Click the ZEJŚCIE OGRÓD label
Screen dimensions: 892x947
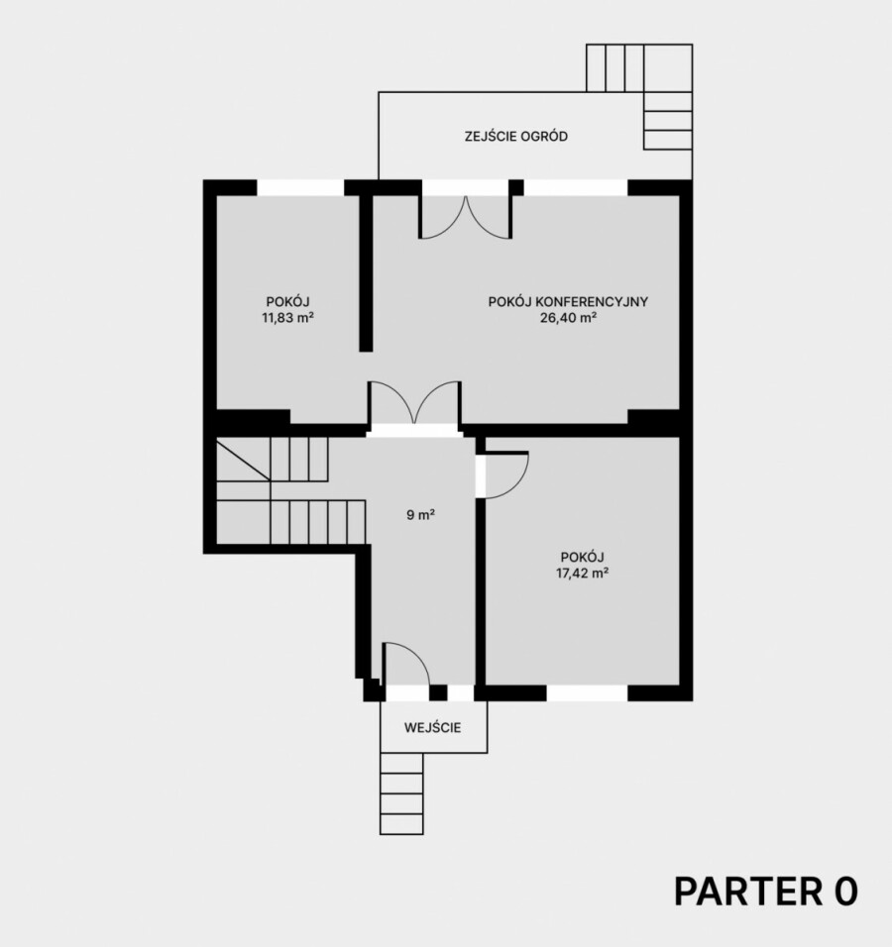coord(516,136)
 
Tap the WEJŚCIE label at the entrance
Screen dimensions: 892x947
coord(433,728)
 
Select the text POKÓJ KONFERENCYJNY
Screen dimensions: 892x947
coord(568,301)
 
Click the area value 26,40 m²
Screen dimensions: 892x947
coord(569,318)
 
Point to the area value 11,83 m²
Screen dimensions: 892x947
coord(287,318)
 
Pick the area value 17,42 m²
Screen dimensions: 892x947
coord(583,574)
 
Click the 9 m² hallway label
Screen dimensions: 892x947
coord(421,515)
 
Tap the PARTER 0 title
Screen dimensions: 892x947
coord(766,892)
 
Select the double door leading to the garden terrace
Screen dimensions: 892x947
coord(466,216)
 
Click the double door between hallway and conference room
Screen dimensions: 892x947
coord(414,402)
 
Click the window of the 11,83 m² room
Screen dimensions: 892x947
coord(300,187)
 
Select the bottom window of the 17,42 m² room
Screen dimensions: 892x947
coord(587,692)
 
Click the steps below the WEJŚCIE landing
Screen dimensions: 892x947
coord(401,793)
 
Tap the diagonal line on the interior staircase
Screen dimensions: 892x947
coord(243,460)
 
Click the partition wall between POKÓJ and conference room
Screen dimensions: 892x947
coord(366,272)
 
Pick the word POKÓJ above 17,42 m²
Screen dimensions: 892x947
coord(583,557)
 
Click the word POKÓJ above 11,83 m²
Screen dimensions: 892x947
coord(287,301)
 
